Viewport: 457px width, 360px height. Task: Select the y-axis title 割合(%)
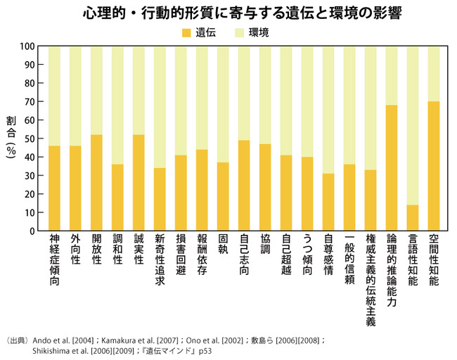pyautogui.click(x=10, y=137)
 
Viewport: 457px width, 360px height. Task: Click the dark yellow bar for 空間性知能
pyautogui.click(x=434, y=166)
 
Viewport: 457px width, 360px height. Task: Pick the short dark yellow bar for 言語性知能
pyautogui.click(x=413, y=217)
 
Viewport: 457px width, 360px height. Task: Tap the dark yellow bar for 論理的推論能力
pyautogui.click(x=392, y=168)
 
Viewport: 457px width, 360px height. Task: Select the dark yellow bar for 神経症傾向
pyautogui.click(x=54, y=188)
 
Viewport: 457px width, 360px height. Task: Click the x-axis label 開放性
pyautogui.click(x=96, y=250)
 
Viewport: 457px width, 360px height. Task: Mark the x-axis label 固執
pyautogui.click(x=223, y=245)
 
